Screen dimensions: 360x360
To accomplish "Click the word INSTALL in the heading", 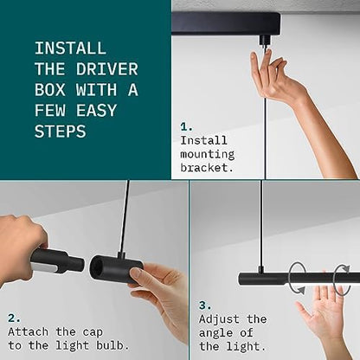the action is tap(70, 48).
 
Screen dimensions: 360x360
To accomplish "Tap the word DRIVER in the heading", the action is tap(107, 69).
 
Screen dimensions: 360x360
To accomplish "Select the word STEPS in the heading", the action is tap(61, 132).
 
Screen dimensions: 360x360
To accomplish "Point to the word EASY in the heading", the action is tap(96, 111).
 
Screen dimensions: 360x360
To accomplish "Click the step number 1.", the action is tap(186, 127).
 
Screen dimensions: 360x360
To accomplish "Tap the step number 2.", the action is tap(14, 318).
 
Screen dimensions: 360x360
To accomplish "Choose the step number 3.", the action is tap(205, 305).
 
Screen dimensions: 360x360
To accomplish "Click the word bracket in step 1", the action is tap(207, 168).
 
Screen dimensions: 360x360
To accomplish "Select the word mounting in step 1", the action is tap(208, 154).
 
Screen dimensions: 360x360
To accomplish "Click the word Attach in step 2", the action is tap(28, 331).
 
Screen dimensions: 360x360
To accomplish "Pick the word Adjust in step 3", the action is tap(219, 319).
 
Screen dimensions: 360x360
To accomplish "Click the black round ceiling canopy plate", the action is tap(226, 23).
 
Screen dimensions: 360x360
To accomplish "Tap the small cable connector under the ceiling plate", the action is tap(265, 41).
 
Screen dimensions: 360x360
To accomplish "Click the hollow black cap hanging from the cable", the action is tap(115, 269).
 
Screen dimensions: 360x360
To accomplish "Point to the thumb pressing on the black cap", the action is tap(136, 272).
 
